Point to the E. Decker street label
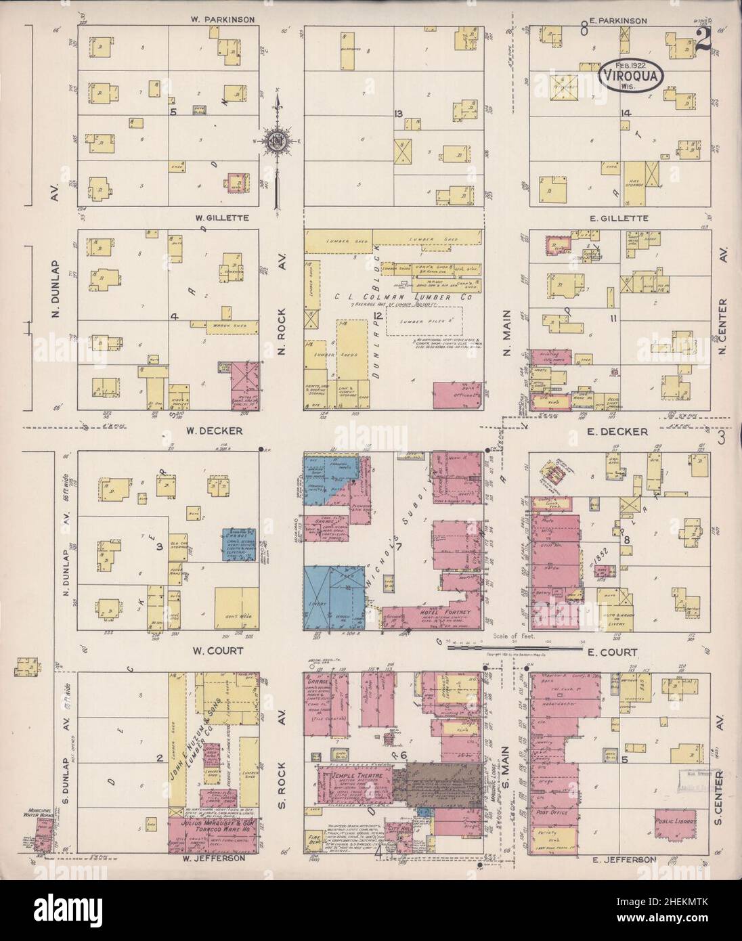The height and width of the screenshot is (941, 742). [x=621, y=431]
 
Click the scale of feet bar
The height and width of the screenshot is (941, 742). [x=515, y=648]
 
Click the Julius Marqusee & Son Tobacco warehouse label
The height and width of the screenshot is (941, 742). [x=213, y=829]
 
